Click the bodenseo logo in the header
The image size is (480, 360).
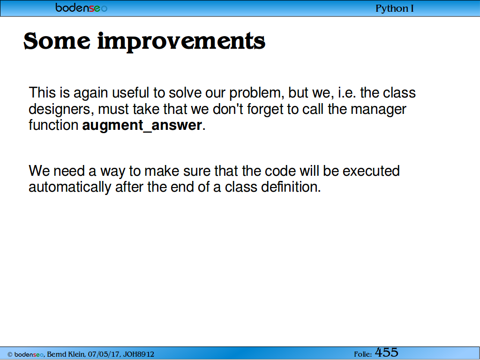pos(82,7)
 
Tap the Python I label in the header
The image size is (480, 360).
pos(395,8)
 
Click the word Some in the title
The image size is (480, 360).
pos(57,41)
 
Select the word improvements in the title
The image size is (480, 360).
pos(181,42)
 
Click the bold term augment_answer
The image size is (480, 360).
pos(142,125)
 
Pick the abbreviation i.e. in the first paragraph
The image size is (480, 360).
pos(347,93)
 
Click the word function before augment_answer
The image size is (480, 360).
pos(53,125)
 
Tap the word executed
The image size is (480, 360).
pos(371,171)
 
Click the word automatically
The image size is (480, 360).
pos(70,187)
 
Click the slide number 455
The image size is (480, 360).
pos(387,352)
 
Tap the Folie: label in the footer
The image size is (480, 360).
pos(363,354)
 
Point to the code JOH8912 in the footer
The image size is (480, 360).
pos(139,354)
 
